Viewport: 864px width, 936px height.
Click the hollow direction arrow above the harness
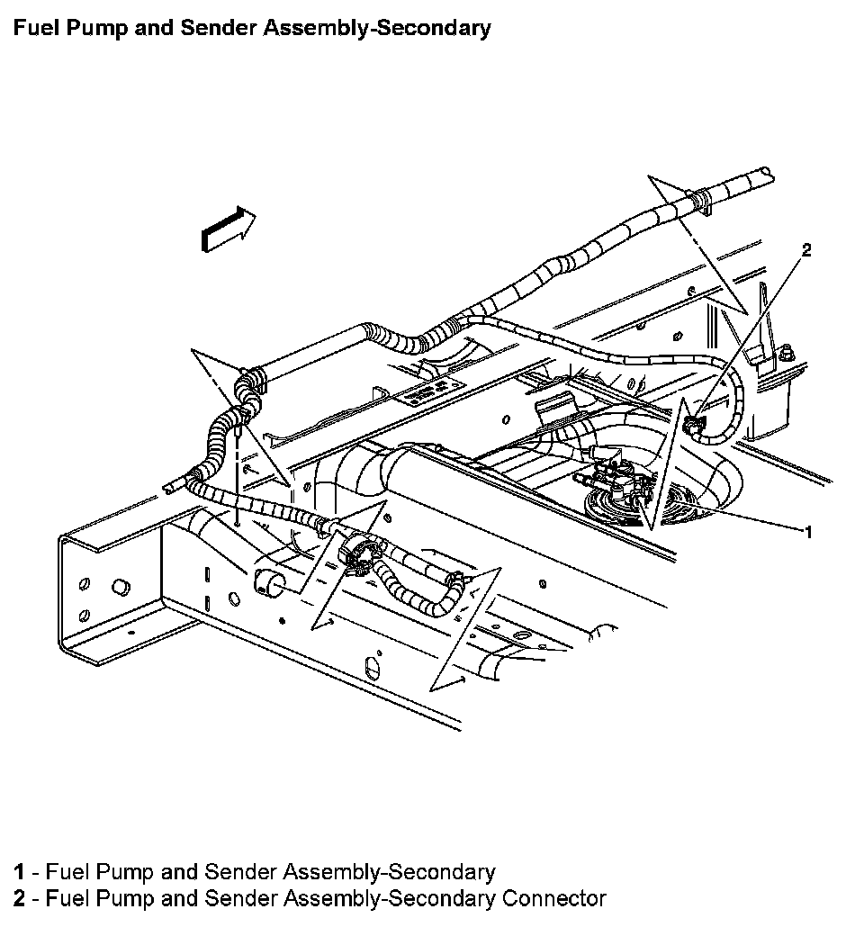point(228,227)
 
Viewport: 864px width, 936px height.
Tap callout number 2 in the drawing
point(806,250)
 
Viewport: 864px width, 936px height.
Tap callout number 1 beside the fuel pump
point(808,532)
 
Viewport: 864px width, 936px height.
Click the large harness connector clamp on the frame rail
point(357,551)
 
